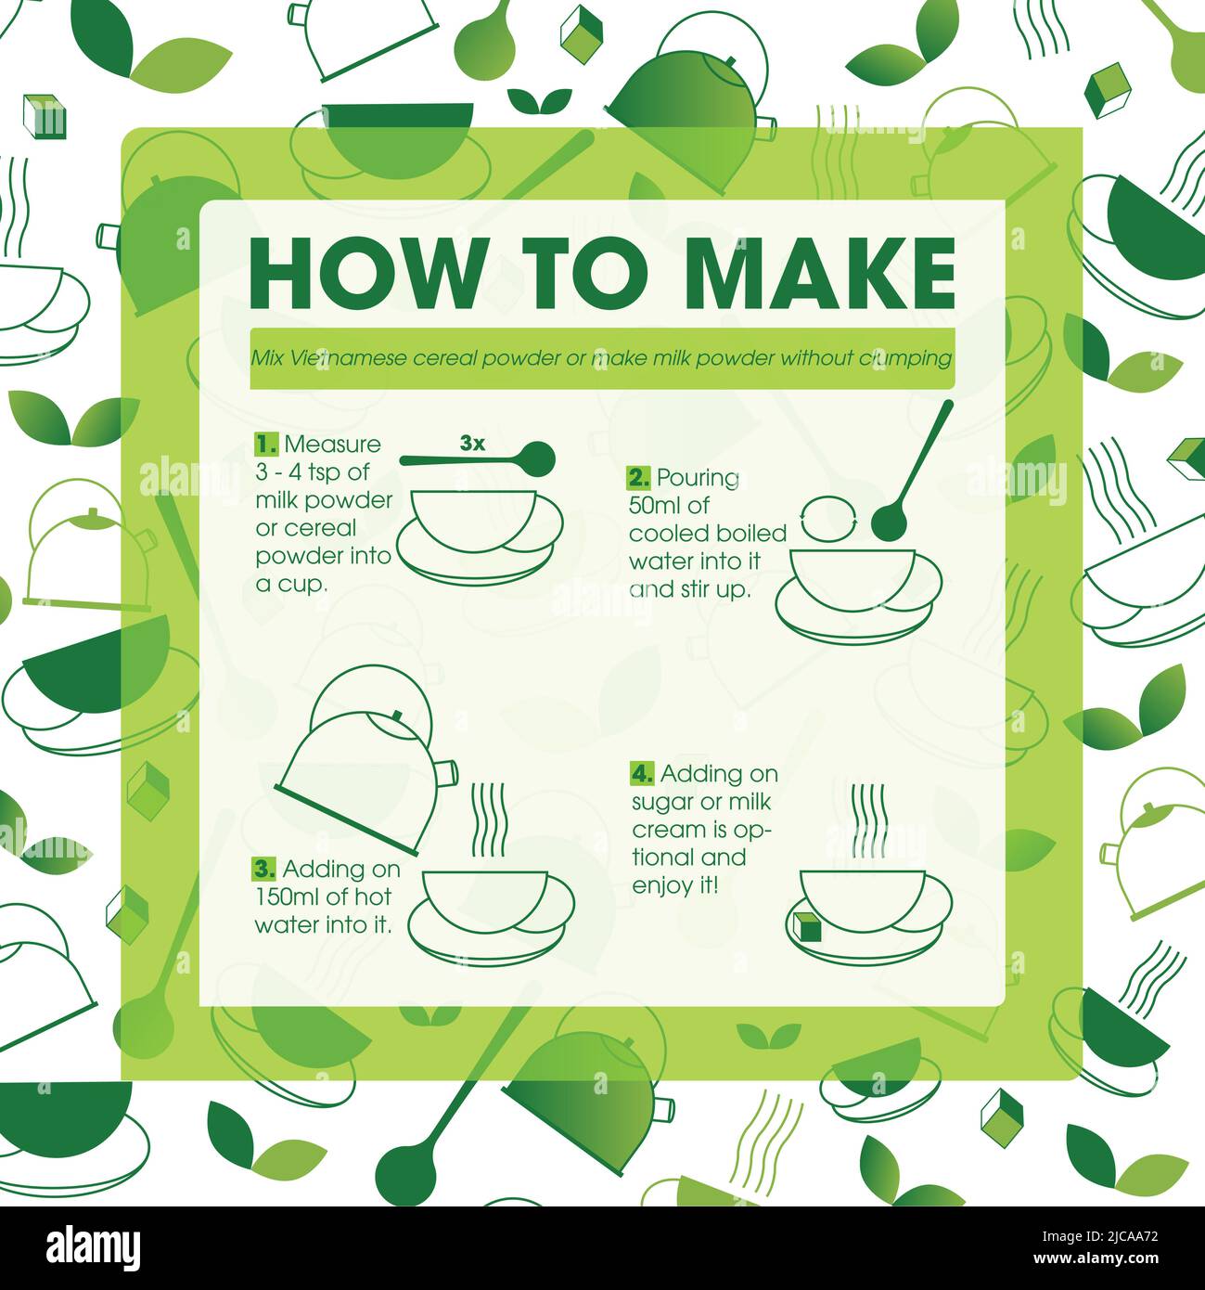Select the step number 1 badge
266,445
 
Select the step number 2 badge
639,477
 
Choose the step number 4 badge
642,774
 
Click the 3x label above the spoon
472,443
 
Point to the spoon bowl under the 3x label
538,459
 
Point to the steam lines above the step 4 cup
868,819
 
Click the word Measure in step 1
332,445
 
